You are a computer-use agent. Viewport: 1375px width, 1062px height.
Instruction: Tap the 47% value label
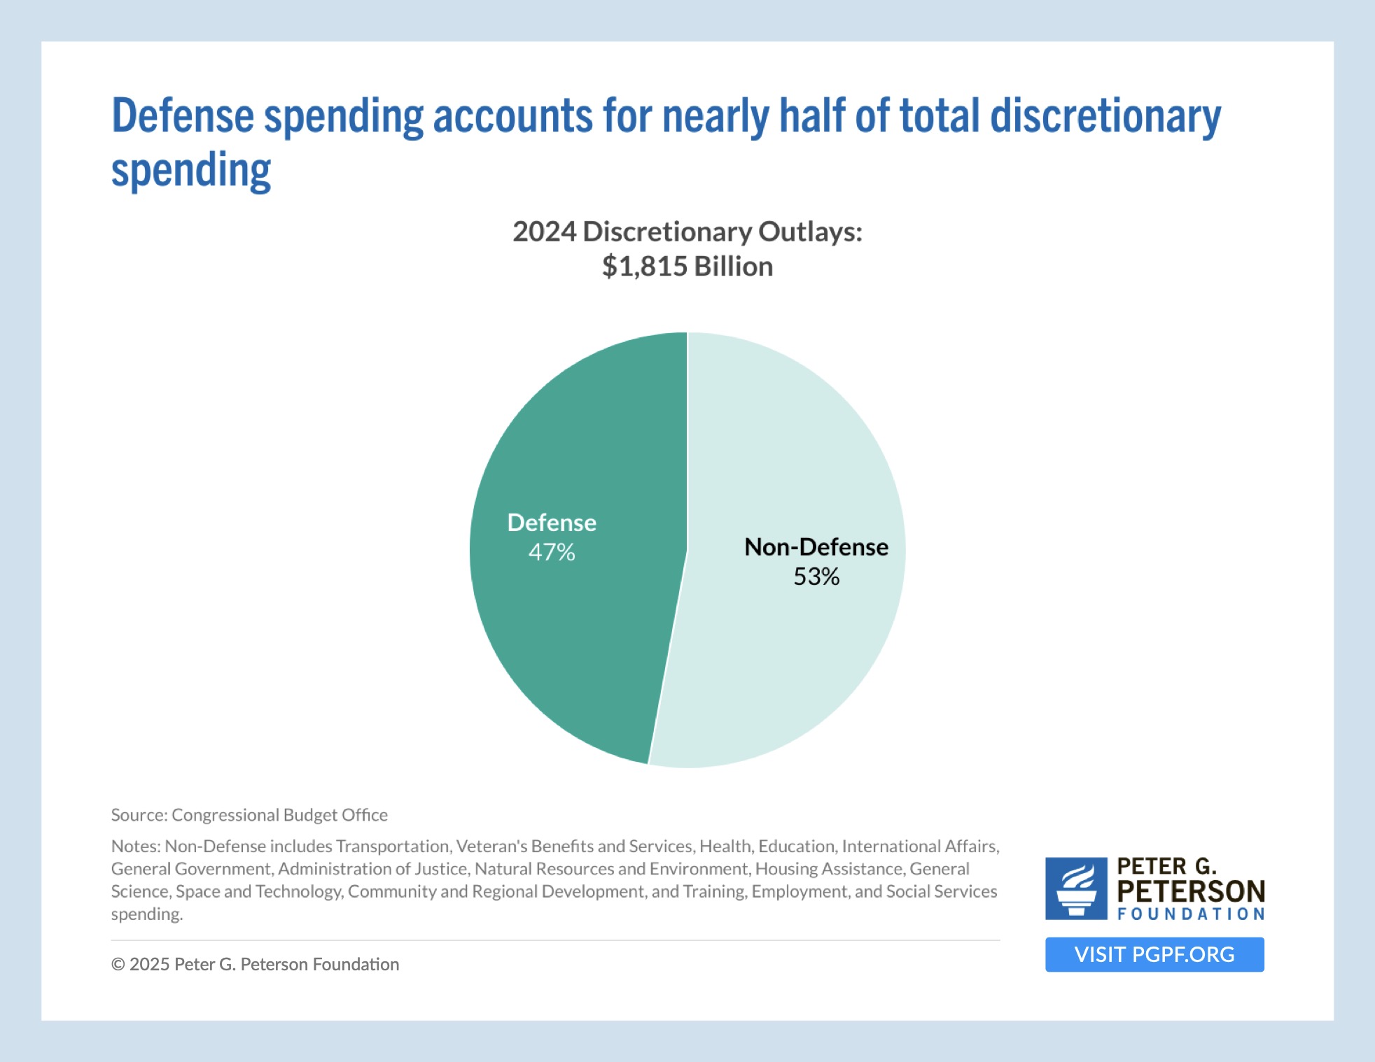click(x=552, y=553)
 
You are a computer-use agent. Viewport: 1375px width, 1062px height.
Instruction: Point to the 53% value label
click(x=816, y=577)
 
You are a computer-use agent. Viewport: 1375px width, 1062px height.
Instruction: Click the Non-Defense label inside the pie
click(x=816, y=547)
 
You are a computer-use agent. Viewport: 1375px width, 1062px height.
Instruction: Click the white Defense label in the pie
click(x=552, y=523)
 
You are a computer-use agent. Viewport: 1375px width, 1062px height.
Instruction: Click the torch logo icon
click(x=1076, y=888)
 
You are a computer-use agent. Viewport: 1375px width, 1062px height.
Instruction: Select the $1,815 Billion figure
click(x=687, y=267)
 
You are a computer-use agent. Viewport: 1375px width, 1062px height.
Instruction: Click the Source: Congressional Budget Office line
click(x=249, y=815)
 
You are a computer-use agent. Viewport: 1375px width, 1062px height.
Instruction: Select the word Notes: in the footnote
click(x=136, y=847)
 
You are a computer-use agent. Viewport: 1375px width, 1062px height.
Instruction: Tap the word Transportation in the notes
click(x=393, y=847)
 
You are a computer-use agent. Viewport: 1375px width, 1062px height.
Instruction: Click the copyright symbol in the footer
click(x=118, y=965)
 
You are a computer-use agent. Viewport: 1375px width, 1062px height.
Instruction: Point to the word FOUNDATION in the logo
click(x=1191, y=914)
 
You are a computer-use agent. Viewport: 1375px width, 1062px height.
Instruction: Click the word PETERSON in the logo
click(x=1191, y=891)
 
